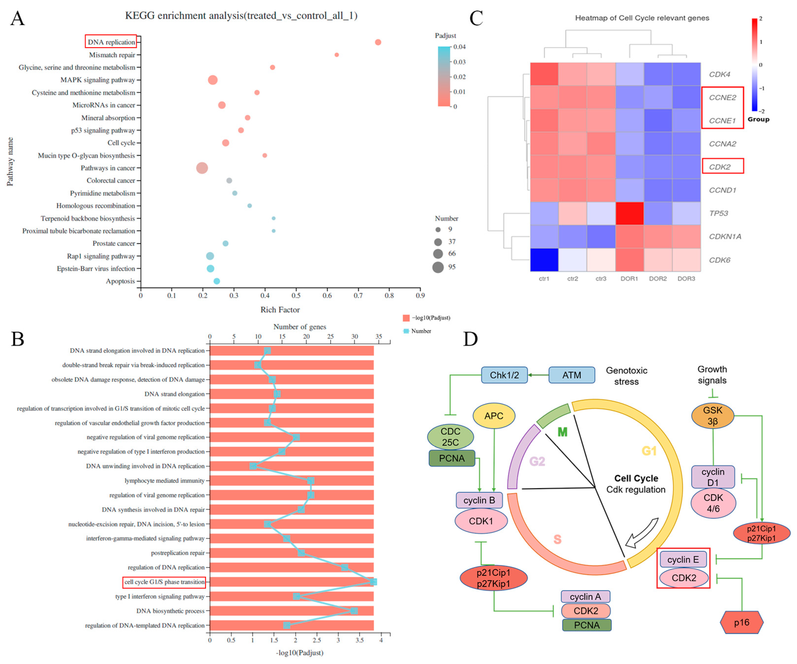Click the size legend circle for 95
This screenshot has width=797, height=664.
tap(438, 267)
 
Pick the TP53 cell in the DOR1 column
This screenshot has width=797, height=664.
tap(629, 213)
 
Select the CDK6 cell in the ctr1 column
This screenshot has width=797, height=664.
tap(544, 260)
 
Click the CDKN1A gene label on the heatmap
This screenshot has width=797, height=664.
tap(725, 237)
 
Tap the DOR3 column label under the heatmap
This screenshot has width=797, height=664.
tap(686, 279)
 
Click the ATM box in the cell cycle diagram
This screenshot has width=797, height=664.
tap(572, 375)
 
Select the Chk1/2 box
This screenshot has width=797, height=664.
tap(504, 375)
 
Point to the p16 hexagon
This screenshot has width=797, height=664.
tap(741, 623)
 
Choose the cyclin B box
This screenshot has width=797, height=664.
tap(479, 500)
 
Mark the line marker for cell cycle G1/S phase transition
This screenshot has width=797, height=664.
tap(373, 582)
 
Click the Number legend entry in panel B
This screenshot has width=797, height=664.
tap(417, 331)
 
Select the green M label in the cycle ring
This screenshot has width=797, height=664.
tap(562, 432)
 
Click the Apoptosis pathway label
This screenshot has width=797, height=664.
tap(120, 281)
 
